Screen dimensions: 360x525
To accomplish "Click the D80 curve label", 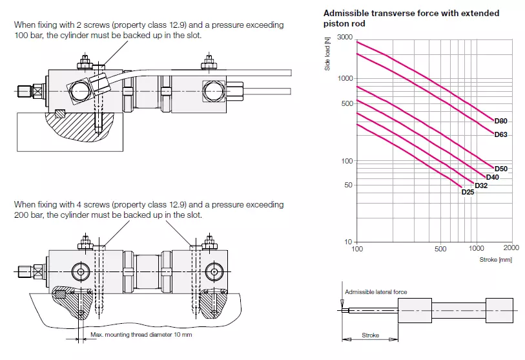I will [x=501, y=121].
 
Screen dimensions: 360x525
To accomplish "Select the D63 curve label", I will [x=501, y=134].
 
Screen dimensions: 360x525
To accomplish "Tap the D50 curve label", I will [x=501, y=169].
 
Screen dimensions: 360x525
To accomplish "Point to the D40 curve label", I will [x=492, y=177].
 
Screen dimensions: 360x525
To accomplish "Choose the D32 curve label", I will [x=481, y=185].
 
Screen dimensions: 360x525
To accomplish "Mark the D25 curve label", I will [x=468, y=192].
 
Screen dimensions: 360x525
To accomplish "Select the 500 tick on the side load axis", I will [x=347, y=103].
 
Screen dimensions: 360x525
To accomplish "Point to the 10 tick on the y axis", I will [x=349, y=242].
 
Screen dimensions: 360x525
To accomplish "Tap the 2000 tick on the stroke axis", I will [x=511, y=248].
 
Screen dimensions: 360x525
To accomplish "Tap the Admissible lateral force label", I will [x=376, y=292].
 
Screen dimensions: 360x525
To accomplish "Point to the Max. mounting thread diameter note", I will [x=141, y=335].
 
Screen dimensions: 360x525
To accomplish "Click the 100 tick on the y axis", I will [x=347, y=160].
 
